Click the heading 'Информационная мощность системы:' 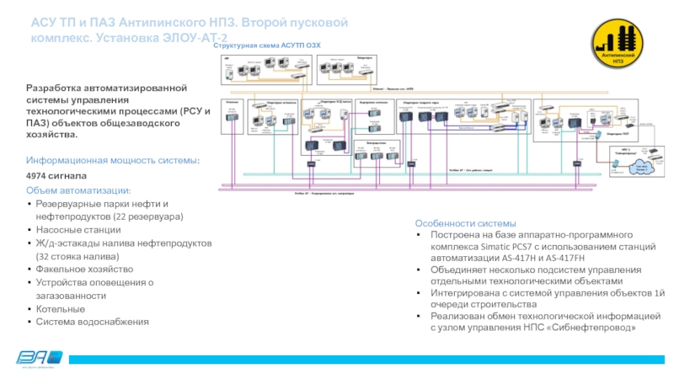(x=114, y=160)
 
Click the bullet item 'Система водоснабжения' (x=92, y=322)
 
